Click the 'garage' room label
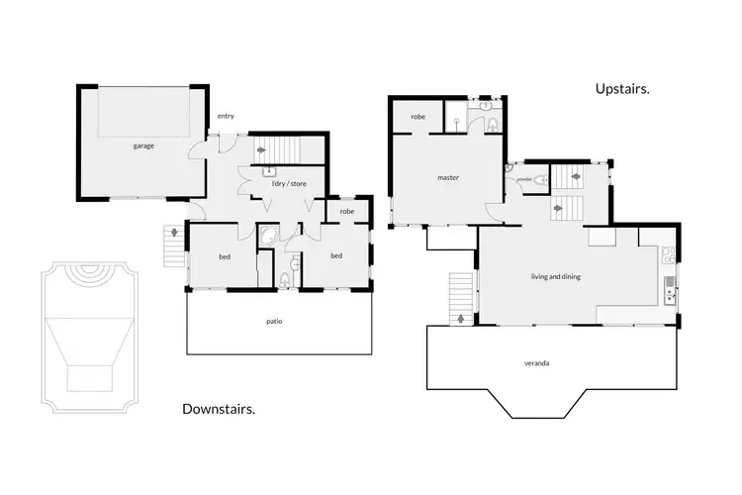pos(143,146)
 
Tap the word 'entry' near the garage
pos(226,116)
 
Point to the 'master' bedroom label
pos(447,178)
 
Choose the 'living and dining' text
pos(554,277)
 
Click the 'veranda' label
pos(536,363)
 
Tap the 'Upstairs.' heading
pos(622,89)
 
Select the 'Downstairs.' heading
pos(220,408)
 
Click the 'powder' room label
pos(523,179)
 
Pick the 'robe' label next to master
pos(418,117)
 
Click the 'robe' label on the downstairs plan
pos(346,211)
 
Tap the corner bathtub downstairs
pos(268,238)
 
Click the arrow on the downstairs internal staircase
pos(261,149)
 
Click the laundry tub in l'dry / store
pos(269,170)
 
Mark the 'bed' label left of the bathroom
pos(225,256)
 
